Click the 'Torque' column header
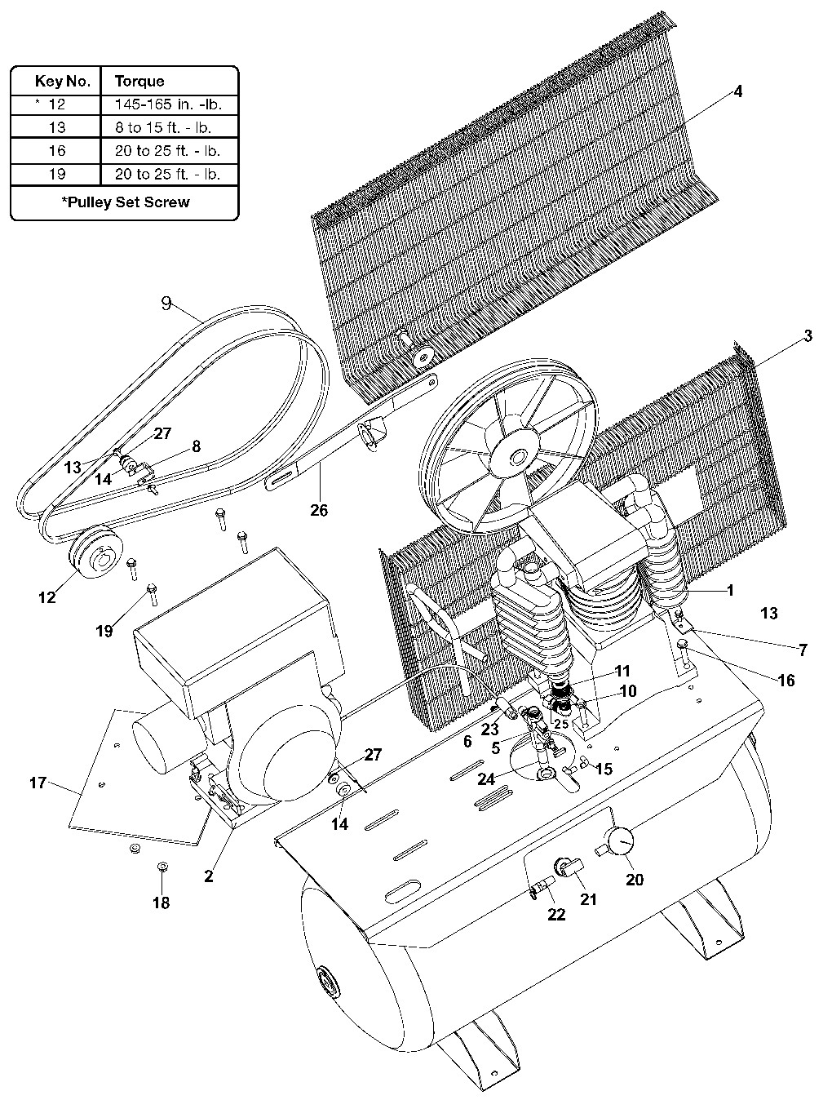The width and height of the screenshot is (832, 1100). coord(139,81)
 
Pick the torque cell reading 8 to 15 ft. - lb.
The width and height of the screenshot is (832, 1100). coord(168,127)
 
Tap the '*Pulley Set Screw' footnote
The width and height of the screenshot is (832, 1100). coord(125,202)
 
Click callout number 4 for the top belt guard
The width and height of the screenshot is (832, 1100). coord(737,91)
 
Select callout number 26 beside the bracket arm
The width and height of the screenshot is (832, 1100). coord(318,510)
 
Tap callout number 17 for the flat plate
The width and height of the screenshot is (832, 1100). coord(38,783)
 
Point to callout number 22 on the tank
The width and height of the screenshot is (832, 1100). coord(556,915)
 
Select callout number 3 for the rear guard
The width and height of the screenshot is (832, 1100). coord(808,336)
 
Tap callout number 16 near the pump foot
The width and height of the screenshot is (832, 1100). coord(786,680)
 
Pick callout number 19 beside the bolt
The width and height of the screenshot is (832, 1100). coord(104,630)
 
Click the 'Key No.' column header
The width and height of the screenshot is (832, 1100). coord(55,81)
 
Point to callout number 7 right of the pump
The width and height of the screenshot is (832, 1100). coord(803,650)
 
